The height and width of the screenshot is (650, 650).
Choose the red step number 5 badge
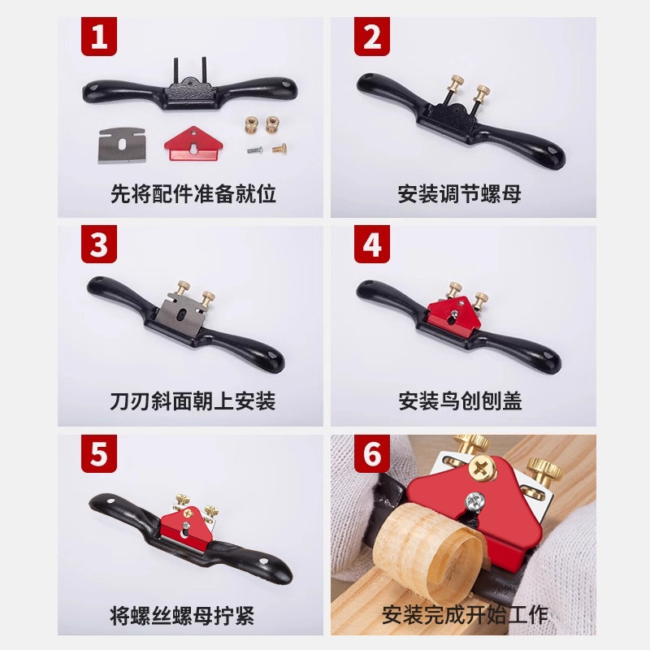pos(99,453)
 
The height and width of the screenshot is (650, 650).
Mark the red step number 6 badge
pos(372,453)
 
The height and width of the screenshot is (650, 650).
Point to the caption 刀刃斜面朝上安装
pos(193,401)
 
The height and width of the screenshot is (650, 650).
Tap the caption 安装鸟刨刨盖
pos(459,401)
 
